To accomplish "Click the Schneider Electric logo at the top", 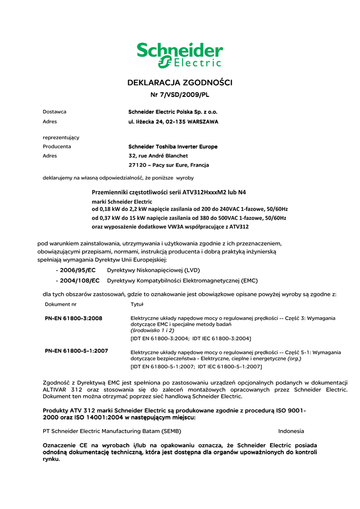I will (x=180, y=55).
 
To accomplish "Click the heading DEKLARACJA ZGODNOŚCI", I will (x=180, y=83).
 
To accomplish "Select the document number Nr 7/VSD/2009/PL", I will (x=180, y=94).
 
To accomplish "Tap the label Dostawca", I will (x=55, y=112).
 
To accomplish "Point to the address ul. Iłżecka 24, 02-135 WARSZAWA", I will (x=173, y=121).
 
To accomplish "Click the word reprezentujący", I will (x=61, y=137).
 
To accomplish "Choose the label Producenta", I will (x=57, y=147).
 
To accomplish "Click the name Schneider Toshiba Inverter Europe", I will (x=173, y=147).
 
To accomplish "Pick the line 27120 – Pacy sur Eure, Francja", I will (x=169, y=165).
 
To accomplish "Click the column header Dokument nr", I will (x=61, y=304).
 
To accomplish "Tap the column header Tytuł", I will (x=137, y=304).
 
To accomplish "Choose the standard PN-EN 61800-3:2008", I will (x=74, y=318).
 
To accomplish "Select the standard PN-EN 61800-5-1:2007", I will (x=77, y=350).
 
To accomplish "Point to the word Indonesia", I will (x=291, y=431).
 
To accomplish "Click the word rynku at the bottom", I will (x=52, y=459).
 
